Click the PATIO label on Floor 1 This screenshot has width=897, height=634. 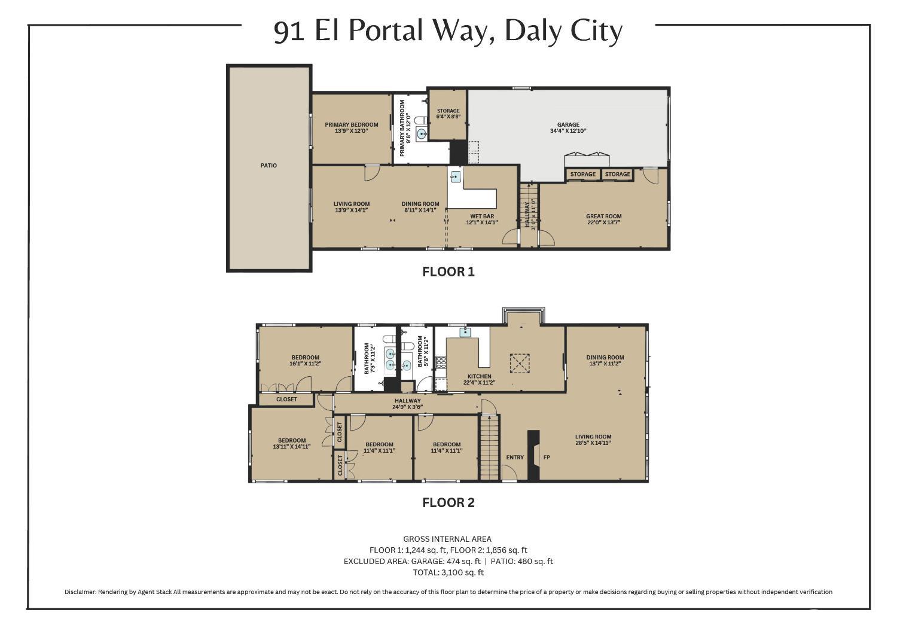269,166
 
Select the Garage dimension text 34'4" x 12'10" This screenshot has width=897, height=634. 568,131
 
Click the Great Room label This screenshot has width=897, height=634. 603,217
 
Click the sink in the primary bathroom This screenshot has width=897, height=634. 422,134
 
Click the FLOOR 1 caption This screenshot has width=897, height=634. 448,272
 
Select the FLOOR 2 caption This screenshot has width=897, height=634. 448,503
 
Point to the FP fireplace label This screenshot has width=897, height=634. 546,458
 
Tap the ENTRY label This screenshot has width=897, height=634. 515,458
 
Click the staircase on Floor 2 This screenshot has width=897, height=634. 489,446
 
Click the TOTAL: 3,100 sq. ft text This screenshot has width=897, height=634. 448,572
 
